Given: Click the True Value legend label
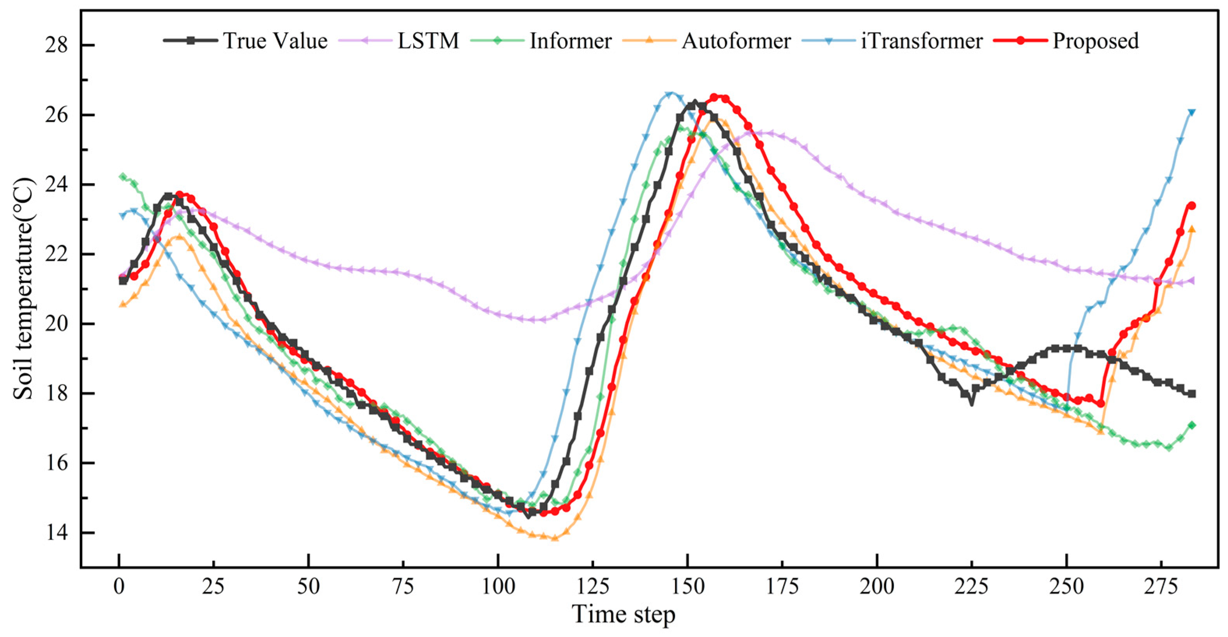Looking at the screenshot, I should (275, 41).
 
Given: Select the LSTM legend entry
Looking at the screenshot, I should (428, 41).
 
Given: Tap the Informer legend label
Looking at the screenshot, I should (571, 41).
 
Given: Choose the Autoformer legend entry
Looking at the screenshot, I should (736, 41).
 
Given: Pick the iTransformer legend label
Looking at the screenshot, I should (921, 41).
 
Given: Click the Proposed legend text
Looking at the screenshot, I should (1096, 41).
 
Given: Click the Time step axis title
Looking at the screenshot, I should (623, 614).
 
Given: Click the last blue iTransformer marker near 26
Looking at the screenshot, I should (1191, 112).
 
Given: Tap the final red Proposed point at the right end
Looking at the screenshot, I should (1191, 205).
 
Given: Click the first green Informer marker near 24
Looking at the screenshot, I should (123, 177).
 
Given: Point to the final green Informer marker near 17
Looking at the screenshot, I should (1191, 425).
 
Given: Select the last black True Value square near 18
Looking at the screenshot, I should (1191, 393).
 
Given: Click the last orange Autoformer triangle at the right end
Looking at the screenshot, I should (1191, 229).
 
